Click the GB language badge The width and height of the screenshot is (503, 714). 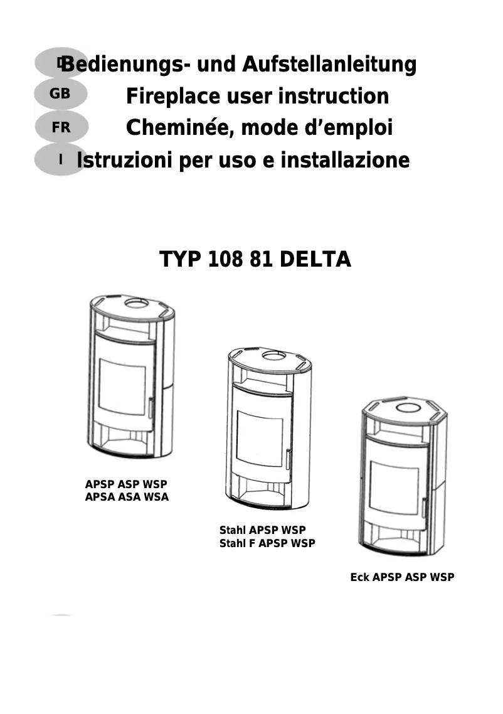tap(60, 94)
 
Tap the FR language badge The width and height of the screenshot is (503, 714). tap(61, 127)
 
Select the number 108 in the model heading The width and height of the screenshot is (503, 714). tap(221, 260)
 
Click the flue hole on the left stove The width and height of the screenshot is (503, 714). tap(134, 303)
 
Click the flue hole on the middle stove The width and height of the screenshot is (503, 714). tap(273, 356)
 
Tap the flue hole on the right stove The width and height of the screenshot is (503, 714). tap(408, 408)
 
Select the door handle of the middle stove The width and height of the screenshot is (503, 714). tap(289, 459)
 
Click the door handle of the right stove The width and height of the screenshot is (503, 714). tap(424, 508)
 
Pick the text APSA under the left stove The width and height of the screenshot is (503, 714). tap(98, 498)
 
